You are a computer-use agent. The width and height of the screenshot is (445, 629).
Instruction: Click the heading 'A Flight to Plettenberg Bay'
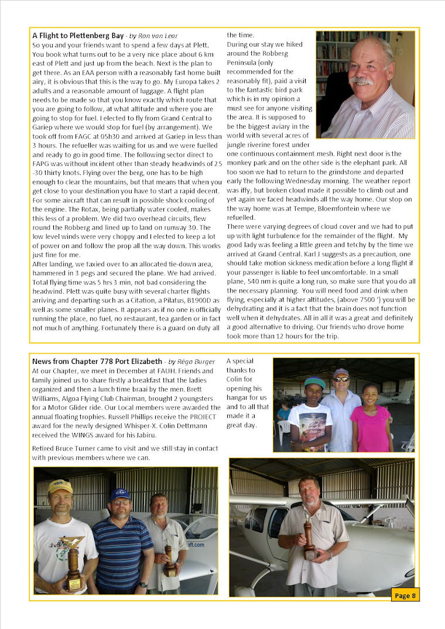point(78,36)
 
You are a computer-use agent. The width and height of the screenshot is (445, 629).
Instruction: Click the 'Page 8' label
point(405,595)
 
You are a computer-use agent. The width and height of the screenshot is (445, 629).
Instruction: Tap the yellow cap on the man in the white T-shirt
point(60,486)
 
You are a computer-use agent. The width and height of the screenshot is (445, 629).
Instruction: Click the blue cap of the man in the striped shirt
point(120,494)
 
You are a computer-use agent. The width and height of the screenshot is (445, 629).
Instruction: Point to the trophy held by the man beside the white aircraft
point(309,537)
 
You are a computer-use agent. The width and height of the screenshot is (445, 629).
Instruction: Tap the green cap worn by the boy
point(314,383)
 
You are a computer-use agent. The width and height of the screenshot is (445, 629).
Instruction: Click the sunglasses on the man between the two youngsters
point(341,379)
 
